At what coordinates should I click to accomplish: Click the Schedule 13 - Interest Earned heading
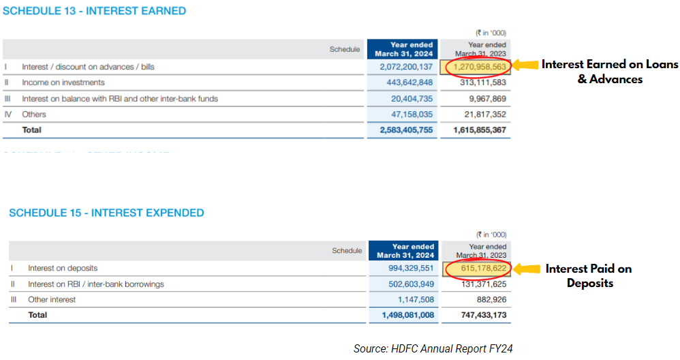pyautogui.click(x=95, y=11)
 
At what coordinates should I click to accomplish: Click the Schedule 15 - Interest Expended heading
pyautogui.click(x=106, y=213)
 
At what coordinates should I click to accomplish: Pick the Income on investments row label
pyautogui.click(x=63, y=82)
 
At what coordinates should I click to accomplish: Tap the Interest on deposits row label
pyautogui.click(x=63, y=268)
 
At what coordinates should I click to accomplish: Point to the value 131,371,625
pyautogui.click(x=480, y=284)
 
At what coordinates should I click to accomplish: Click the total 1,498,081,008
pyautogui.click(x=407, y=315)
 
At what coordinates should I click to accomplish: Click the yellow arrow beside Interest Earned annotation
pyautogui.click(x=524, y=65)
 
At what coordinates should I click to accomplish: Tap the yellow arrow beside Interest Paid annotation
pyautogui.click(x=525, y=269)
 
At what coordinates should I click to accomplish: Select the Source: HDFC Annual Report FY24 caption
pyautogui.click(x=433, y=348)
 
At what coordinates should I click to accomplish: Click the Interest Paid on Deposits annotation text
pyautogui.click(x=589, y=275)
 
